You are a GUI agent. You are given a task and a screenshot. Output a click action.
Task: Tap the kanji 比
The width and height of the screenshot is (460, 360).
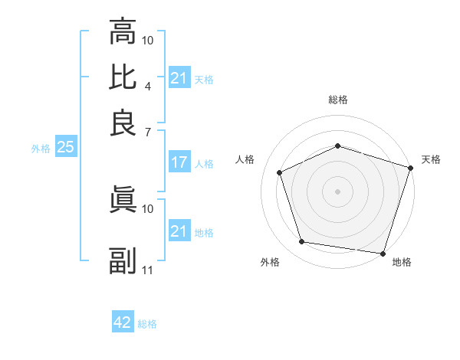(x=123, y=77)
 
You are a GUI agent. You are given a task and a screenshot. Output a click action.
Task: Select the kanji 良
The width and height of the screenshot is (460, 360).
(x=123, y=123)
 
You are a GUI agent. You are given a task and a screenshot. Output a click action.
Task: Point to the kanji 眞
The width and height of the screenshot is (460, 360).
(x=123, y=199)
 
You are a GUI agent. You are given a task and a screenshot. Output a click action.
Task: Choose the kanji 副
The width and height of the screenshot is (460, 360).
(x=123, y=260)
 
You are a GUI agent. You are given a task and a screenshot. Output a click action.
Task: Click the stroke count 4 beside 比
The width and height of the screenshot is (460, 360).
(x=147, y=85)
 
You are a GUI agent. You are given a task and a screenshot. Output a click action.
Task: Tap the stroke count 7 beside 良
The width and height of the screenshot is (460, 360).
(x=147, y=131)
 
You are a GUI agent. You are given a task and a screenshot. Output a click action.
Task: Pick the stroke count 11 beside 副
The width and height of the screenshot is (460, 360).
(x=148, y=270)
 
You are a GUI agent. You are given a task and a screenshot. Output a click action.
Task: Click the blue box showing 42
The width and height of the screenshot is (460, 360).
(x=123, y=322)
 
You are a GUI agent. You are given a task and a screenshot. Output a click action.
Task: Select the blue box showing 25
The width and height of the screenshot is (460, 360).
(x=65, y=148)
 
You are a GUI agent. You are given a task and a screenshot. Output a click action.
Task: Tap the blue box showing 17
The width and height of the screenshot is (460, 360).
(x=179, y=162)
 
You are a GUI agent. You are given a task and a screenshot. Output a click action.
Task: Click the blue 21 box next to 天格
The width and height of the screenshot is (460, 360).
(x=179, y=78)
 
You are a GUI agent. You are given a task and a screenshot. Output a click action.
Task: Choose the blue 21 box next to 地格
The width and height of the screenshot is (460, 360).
(x=179, y=231)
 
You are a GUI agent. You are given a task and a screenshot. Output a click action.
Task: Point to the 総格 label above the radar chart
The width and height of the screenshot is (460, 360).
(x=338, y=100)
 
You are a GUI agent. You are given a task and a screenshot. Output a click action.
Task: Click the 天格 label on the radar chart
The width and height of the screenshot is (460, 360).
(x=431, y=159)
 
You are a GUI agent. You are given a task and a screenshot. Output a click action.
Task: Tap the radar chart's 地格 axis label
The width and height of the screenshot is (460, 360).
(x=402, y=262)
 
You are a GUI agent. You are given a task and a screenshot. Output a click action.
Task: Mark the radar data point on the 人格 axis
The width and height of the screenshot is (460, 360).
(x=280, y=172)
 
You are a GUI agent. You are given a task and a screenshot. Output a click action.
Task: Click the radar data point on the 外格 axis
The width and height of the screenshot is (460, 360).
(x=302, y=242)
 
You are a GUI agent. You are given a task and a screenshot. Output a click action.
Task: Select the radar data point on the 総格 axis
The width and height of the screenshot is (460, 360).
(x=338, y=146)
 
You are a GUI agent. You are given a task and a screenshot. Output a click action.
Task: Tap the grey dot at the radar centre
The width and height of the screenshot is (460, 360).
(x=338, y=191)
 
